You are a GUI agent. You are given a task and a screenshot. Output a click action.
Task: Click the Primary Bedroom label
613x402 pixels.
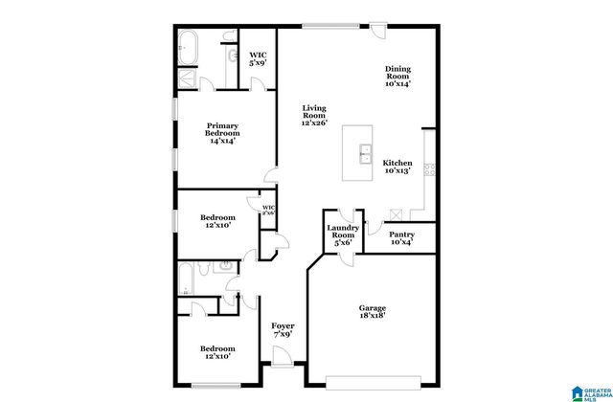point(222,132)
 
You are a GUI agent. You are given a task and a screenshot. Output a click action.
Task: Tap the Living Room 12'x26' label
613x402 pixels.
point(315,115)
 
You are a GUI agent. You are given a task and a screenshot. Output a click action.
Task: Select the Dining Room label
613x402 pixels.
point(397,77)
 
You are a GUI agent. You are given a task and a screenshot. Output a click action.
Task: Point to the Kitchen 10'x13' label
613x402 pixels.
point(397,167)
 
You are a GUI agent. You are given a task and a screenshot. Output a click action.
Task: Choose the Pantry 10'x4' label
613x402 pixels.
point(401,237)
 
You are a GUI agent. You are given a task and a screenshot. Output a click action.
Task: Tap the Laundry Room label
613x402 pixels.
point(342,234)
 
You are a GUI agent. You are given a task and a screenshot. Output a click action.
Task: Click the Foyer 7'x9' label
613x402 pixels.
point(283,332)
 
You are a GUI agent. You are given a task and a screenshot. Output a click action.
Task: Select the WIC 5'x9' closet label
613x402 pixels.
point(258,59)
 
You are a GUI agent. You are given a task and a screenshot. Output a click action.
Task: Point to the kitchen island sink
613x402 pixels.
point(366,152)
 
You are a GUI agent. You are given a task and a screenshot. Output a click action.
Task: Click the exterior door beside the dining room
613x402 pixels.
point(380,30)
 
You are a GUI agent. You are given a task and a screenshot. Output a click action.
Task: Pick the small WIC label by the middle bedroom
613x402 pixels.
point(268,210)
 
